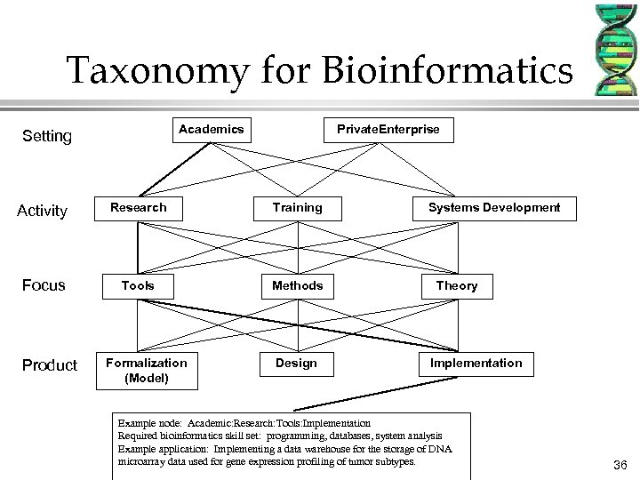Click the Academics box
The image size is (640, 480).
211,130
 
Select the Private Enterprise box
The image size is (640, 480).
388,130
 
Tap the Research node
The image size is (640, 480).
138,208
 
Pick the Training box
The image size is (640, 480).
297,208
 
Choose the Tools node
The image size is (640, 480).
138,285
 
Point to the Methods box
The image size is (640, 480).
297,285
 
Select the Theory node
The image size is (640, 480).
457,285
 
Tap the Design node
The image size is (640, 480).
297,364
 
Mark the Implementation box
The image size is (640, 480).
476,364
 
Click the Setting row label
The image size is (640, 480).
46,137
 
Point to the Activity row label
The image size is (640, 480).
42,211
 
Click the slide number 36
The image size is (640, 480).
620,464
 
